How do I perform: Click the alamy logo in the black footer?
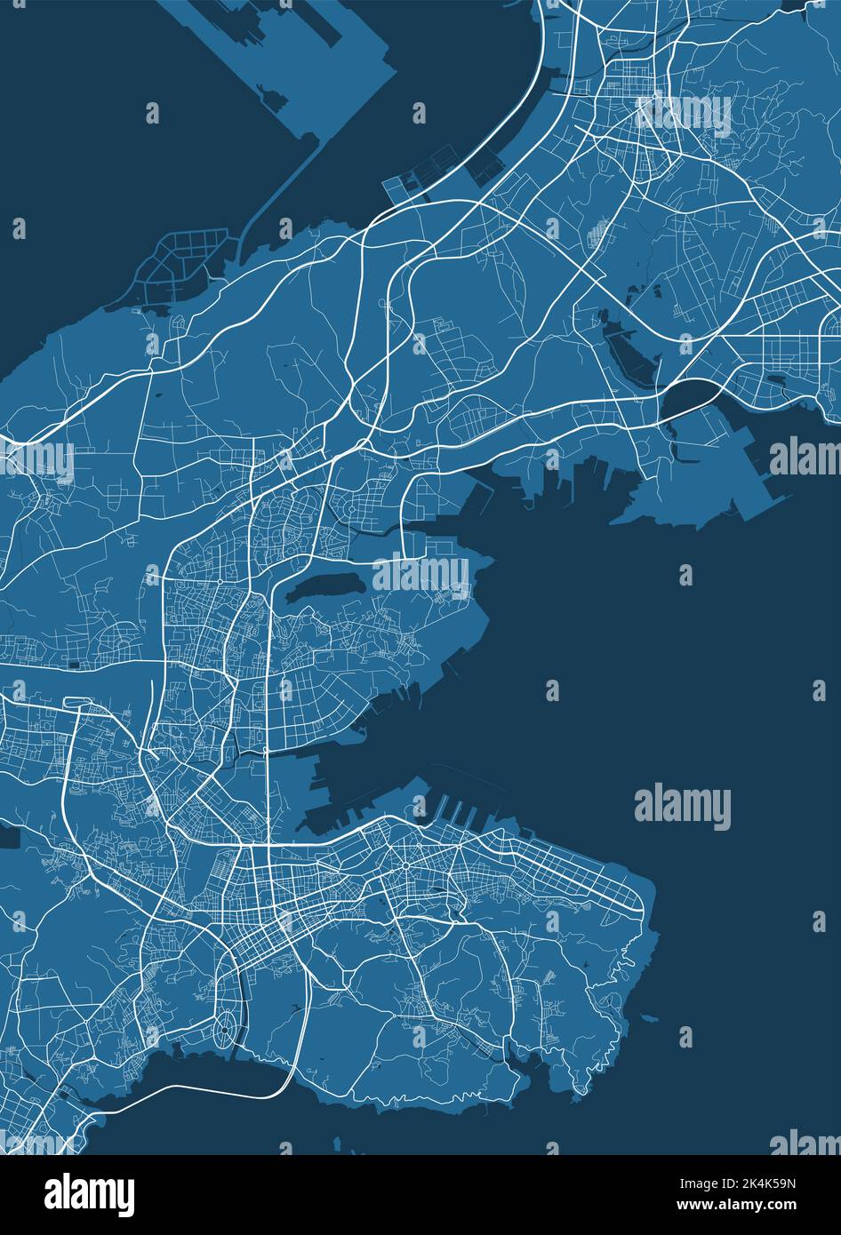(90, 1191)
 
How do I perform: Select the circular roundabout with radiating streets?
(404, 864)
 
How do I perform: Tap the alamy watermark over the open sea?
(683, 808)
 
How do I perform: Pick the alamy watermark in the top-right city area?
(685, 116)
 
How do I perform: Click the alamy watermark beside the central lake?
(420, 573)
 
